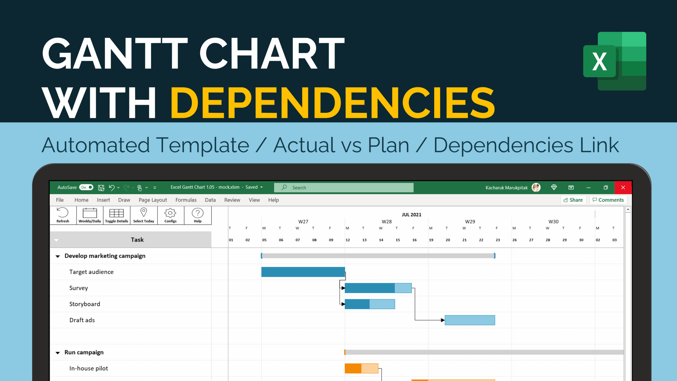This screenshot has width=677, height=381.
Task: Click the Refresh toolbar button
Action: tap(63, 215)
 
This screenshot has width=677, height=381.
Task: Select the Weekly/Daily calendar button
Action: tap(90, 215)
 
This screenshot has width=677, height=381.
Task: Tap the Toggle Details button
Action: tap(117, 215)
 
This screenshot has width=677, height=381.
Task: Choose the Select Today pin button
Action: tap(144, 215)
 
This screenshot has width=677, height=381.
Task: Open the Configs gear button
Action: tap(171, 215)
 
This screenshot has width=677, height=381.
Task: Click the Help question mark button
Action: tap(198, 215)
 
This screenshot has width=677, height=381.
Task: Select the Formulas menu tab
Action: tap(186, 200)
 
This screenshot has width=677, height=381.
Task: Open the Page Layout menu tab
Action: tap(153, 200)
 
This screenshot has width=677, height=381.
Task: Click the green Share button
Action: tap(573, 200)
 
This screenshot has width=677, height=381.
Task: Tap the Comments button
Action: tap(608, 200)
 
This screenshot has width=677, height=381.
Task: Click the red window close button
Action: tap(623, 188)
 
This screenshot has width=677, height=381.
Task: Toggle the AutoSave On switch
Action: tap(86, 187)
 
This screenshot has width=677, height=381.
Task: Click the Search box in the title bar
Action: tap(344, 188)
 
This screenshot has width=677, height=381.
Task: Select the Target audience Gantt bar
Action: tap(303, 272)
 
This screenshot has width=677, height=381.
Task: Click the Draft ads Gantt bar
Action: tap(470, 320)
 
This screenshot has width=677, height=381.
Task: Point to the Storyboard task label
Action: tap(85, 304)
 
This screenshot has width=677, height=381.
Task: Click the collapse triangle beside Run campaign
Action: tap(58, 353)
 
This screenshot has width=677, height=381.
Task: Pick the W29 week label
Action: tap(470, 221)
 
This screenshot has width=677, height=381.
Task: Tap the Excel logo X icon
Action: tap(600, 61)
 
